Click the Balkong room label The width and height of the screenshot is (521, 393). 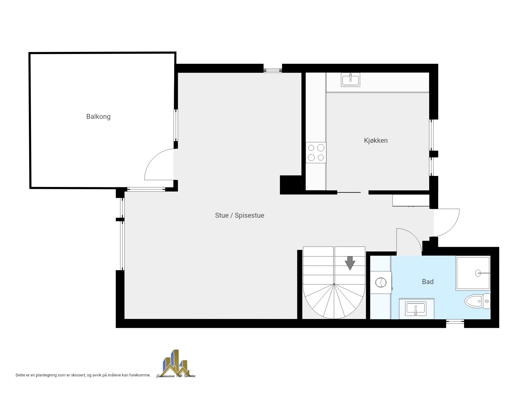(x=98, y=117)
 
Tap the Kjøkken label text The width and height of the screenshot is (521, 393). (x=376, y=141)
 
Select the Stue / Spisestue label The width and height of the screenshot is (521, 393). (x=240, y=216)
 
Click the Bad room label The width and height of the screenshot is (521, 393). (x=428, y=282)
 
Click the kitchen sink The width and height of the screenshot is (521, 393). (x=351, y=80)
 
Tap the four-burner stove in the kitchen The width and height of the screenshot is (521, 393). (x=316, y=153)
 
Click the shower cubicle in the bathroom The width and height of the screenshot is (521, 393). (x=473, y=273)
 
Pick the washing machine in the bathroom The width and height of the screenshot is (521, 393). (x=381, y=282)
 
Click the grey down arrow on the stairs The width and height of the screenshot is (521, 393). (x=350, y=263)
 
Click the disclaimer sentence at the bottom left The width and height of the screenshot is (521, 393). (x=83, y=375)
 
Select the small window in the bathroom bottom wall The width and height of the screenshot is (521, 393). (x=455, y=321)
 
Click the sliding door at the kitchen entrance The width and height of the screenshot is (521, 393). (x=349, y=193)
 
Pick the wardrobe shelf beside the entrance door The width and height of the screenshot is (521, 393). (x=411, y=200)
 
